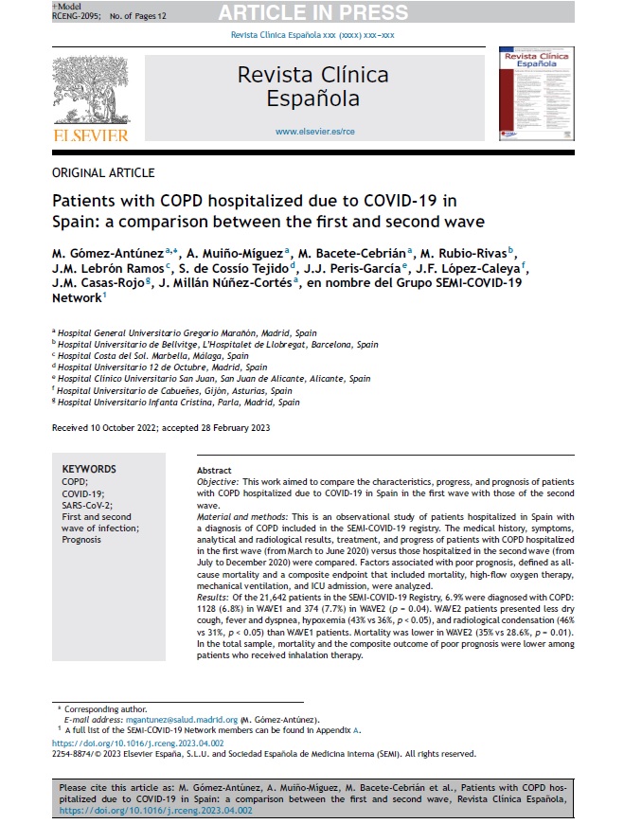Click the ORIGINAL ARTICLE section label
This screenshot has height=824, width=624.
[102, 173]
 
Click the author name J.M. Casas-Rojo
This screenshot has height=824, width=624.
[92, 281]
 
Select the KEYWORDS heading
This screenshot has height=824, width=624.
[89, 469]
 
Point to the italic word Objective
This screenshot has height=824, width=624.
[217, 482]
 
